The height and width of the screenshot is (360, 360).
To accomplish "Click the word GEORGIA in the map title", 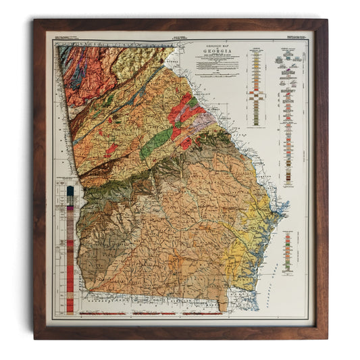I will point(212,52).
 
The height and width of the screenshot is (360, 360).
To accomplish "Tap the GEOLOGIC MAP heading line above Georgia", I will point(212,45).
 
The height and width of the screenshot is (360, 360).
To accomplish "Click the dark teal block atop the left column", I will point(70,191).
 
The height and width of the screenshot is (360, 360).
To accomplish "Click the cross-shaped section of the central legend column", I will point(257,88).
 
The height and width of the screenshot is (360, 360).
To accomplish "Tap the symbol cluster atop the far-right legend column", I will point(285,61).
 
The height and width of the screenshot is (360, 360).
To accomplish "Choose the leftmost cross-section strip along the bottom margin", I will point(103,314).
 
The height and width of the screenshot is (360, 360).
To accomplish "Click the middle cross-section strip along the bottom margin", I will point(155,314).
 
